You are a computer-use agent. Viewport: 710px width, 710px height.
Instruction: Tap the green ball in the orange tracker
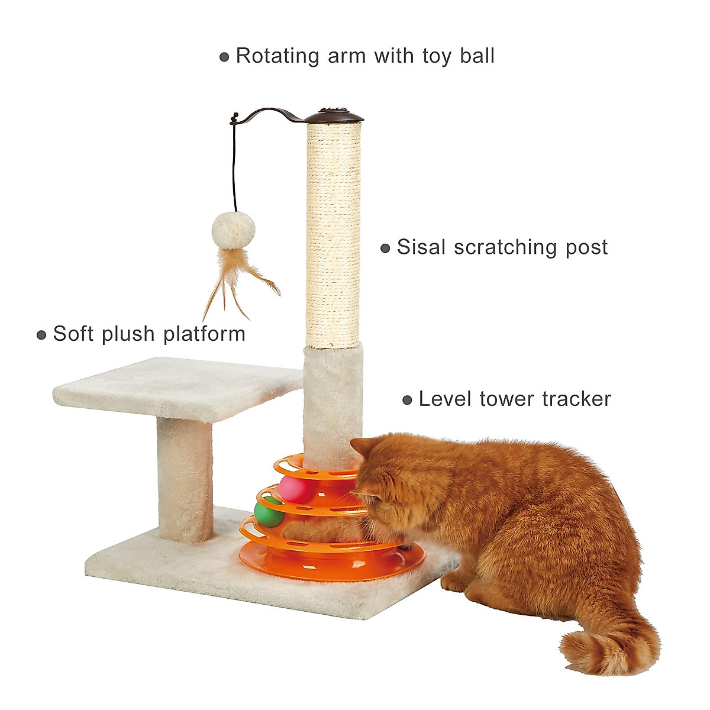pyautogui.click(x=267, y=512)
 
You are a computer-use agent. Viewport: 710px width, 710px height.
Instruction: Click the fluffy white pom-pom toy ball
pyautogui.click(x=234, y=227)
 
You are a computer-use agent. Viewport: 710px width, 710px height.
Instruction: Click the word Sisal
pyautogui.click(x=421, y=247)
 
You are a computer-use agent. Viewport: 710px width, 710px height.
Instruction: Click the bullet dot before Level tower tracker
pyautogui.click(x=407, y=401)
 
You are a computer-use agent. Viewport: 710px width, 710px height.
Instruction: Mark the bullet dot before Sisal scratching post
pyautogui.click(x=385, y=248)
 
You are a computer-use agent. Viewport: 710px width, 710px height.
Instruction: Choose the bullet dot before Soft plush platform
pyautogui.click(x=41, y=335)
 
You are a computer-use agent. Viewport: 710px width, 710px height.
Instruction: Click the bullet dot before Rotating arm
pyautogui.click(x=224, y=57)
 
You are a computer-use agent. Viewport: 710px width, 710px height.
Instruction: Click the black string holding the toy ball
pyautogui.click(x=235, y=166)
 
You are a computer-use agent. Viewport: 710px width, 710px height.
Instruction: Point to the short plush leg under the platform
pyautogui.click(x=185, y=479)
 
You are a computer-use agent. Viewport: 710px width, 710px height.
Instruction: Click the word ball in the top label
pyautogui.click(x=477, y=56)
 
